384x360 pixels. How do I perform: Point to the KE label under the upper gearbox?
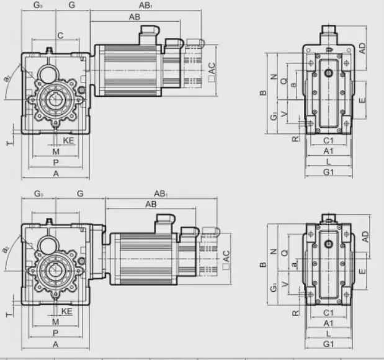click(x=68, y=141)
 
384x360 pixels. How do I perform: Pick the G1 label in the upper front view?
click(x=329, y=171)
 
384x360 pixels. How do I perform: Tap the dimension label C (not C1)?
click(x=60, y=36)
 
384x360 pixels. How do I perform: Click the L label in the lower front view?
click(x=329, y=333)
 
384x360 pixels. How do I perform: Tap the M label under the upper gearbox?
click(x=56, y=151)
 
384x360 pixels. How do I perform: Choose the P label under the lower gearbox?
click(x=56, y=333)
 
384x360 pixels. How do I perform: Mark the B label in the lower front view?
click(x=263, y=264)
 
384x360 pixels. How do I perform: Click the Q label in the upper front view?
click(x=284, y=81)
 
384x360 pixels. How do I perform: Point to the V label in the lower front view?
click(x=284, y=285)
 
